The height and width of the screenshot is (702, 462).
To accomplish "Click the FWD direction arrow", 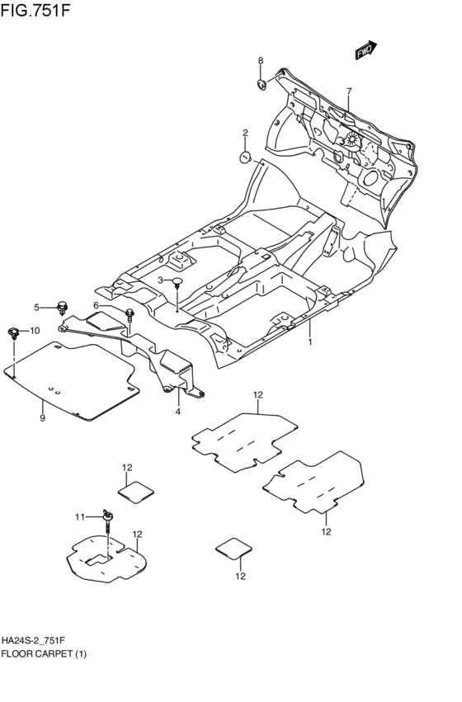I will coord(366,50).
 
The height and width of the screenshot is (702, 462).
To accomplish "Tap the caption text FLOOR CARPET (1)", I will coord(44,653).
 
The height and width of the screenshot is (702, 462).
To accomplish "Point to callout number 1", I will coord(310,341).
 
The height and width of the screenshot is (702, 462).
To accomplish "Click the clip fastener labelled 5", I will coord(63,309).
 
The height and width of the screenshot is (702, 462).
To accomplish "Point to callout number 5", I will coord(36,308).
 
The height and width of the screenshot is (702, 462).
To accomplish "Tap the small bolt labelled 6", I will coord(130,313).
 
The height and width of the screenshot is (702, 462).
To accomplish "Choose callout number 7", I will coord(349,91).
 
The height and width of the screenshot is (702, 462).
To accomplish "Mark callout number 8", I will coord(260,61).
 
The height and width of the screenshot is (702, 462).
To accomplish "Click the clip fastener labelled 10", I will coord(13,332).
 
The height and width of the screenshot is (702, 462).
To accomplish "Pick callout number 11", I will coord(80,516).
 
